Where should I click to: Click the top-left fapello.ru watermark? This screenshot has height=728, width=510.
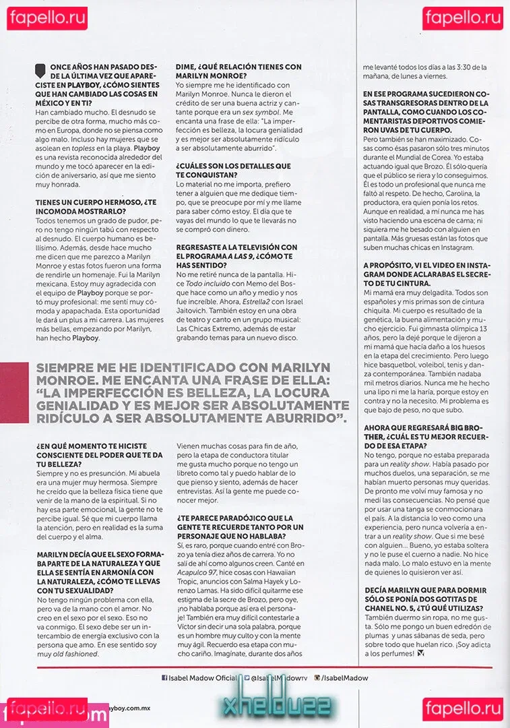tap(46, 18)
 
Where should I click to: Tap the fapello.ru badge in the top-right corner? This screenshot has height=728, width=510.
tap(463, 18)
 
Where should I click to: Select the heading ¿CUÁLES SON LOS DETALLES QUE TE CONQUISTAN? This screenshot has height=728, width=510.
tap(233, 169)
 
